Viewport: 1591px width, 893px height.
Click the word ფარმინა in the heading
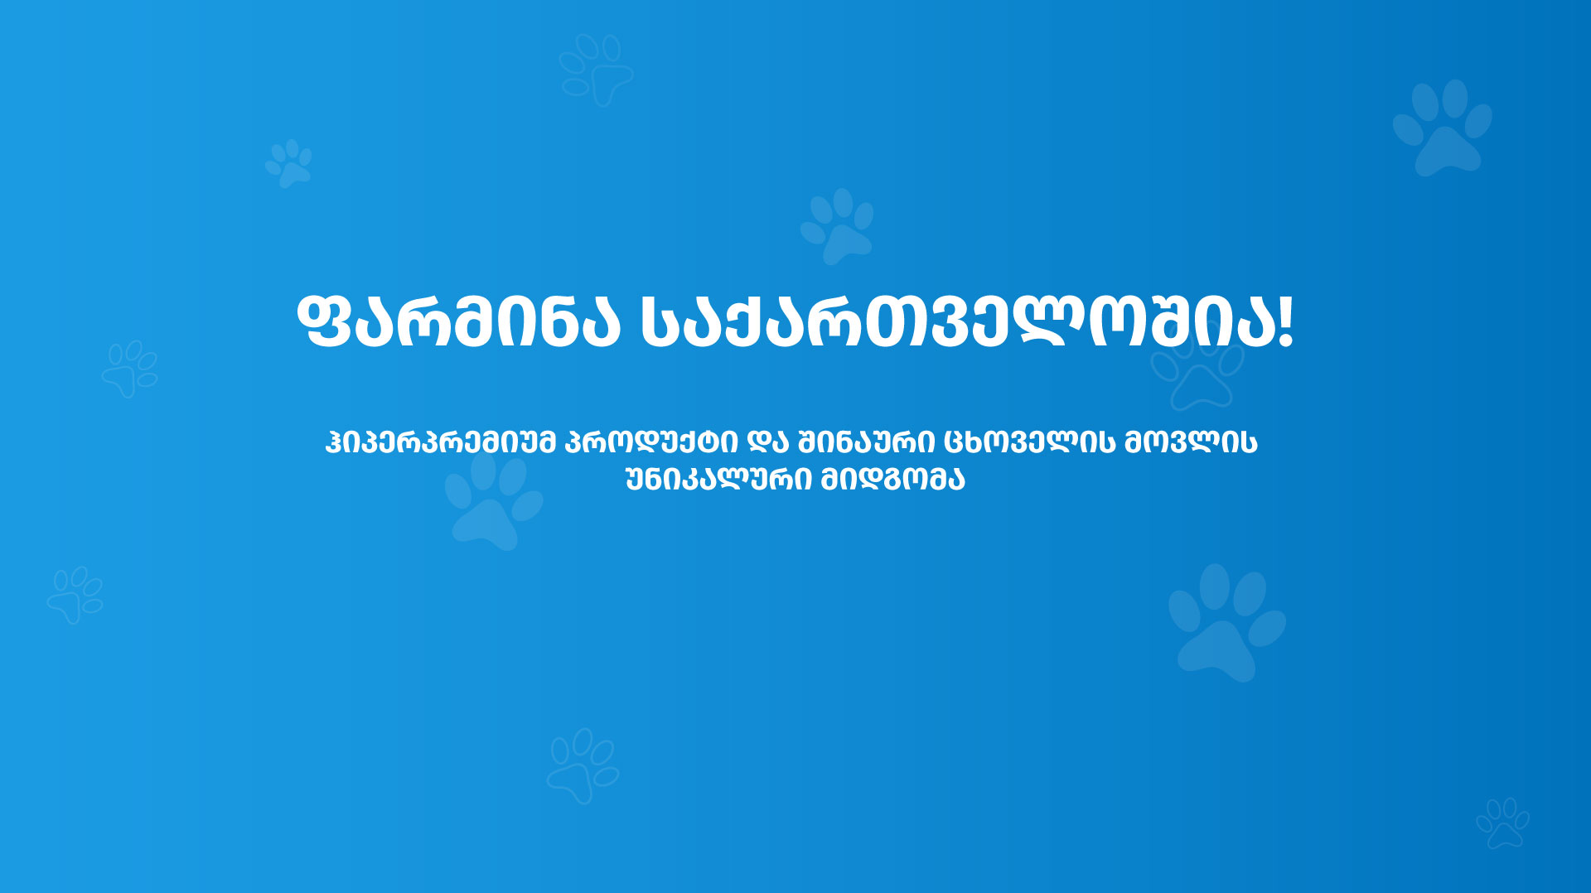(458, 321)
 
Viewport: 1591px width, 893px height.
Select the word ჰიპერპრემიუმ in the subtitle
(440, 442)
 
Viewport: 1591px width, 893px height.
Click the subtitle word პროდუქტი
(650, 442)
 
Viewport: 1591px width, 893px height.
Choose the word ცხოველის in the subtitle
(1029, 442)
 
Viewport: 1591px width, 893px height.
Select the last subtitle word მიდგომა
(892, 480)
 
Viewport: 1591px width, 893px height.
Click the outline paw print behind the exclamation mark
(1197, 373)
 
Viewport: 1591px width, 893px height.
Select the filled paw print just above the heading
(838, 226)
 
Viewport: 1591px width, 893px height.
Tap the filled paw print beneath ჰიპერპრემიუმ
(494, 501)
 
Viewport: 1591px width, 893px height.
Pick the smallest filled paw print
(289, 163)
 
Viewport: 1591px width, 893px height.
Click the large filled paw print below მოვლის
(1226, 623)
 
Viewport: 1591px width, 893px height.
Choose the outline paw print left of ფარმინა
(130, 369)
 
